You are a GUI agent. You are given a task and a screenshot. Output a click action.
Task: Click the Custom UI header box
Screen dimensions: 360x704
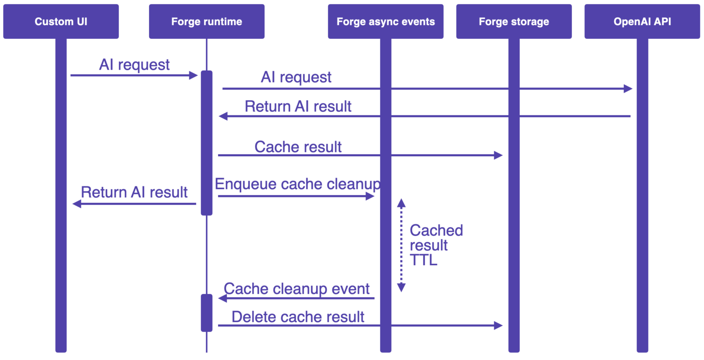point(61,22)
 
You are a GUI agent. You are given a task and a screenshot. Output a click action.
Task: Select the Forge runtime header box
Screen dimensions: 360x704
point(207,22)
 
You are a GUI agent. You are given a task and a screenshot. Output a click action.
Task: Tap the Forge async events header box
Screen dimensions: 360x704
point(385,22)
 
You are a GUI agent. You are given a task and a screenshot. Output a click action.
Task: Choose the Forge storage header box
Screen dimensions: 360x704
point(514,22)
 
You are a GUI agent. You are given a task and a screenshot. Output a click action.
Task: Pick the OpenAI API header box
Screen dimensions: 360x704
point(642,22)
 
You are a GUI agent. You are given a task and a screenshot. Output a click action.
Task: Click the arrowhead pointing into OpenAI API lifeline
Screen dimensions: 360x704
point(628,89)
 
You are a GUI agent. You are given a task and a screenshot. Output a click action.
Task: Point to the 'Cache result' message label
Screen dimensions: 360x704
point(298,147)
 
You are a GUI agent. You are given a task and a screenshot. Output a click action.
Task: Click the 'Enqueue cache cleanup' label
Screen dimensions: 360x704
point(297,184)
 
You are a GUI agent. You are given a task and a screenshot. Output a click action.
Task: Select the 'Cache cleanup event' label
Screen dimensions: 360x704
point(297,289)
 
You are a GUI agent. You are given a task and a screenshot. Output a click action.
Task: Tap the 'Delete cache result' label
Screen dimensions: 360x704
point(298,316)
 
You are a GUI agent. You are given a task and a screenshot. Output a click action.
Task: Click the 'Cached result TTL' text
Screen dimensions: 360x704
point(435,245)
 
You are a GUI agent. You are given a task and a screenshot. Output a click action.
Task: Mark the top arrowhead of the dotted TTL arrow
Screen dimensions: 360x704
point(401,203)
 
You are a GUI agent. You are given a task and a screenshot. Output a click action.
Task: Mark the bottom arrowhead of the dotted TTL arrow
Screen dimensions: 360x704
point(401,288)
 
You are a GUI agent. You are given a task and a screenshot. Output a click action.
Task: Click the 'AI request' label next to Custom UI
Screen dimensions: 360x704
point(134,65)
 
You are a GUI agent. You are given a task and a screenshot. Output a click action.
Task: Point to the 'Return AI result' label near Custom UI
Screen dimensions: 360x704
point(134,192)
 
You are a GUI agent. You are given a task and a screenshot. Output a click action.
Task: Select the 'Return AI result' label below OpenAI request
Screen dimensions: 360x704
point(298,106)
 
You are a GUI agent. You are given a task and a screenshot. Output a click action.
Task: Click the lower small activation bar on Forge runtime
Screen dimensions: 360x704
point(207,313)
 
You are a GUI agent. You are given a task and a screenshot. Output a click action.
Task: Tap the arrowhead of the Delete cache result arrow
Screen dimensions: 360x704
point(499,326)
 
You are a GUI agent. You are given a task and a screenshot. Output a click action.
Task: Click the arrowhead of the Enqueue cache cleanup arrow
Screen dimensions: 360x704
point(370,196)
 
